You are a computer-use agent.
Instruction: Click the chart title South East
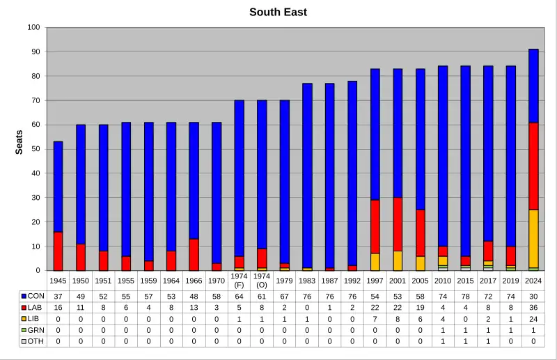click(x=278, y=12)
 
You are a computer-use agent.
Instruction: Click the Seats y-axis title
click(x=19, y=142)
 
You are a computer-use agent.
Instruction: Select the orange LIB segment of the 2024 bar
click(x=533, y=239)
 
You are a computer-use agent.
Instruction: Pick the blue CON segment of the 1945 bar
click(x=58, y=187)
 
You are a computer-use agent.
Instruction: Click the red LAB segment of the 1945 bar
click(x=58, y=251)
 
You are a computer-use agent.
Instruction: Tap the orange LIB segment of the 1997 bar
click(x=375, y=262)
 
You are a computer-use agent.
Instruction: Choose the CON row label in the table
click(x=36, y=296)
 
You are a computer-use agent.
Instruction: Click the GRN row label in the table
click(x=36, y=330)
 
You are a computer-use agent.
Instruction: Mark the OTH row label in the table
click(x=36, y=342)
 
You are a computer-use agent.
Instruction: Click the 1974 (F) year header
click(x=239, y=280)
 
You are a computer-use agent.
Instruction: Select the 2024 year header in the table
click(x=533, y=280)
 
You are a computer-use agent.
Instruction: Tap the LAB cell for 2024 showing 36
click(x=533, y=307)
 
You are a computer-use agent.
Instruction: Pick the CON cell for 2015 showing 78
click(x=465, y=296)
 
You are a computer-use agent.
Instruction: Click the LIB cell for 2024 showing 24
click(x=533, y=319)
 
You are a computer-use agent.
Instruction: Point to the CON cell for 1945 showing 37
click(x=58, y=296)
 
